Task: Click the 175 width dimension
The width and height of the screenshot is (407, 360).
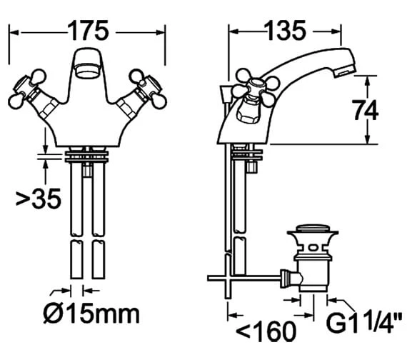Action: click(88, 31)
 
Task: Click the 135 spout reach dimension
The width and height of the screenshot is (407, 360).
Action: click(285, 31)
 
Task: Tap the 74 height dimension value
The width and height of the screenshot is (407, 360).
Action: click(365, 110)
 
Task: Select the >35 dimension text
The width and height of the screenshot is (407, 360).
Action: click(39, 198)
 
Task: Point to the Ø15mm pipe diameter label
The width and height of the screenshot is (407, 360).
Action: click(91, 314)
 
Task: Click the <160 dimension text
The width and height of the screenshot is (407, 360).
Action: click(266, 331)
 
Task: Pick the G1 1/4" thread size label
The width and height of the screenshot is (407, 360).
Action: click(365, 322)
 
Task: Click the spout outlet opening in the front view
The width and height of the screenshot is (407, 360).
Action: click(88, 71)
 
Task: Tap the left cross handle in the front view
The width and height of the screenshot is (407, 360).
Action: click(29, 89)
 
